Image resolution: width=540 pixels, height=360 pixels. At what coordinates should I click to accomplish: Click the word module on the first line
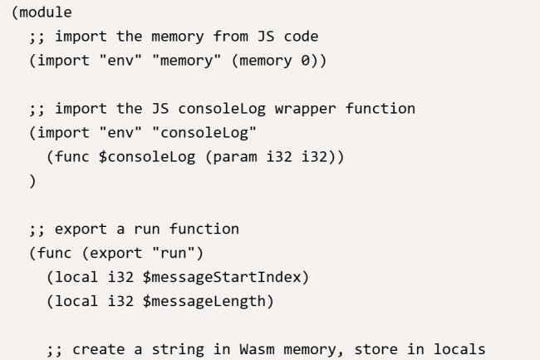pos(44,12)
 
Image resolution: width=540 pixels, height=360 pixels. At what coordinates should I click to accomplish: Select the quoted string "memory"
pos(182,61)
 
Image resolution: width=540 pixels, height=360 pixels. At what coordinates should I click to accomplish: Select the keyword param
pos(236,157)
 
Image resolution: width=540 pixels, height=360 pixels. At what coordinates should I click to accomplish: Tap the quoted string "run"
pos(178,253)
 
